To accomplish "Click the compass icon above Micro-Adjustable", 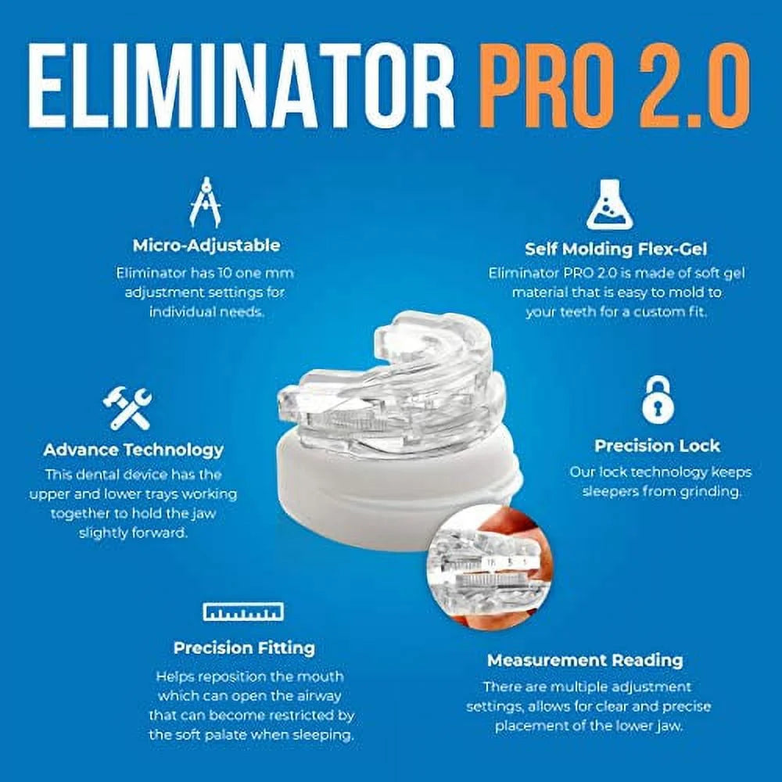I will (205, 203).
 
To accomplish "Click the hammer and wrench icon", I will (127, 407).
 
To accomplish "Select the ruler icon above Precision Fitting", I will (243, 612).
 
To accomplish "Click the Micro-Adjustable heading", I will (206, 245).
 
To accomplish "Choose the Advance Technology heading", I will (133, 450).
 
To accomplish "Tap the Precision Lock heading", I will (657, 446).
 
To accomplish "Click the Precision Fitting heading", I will (244, 647).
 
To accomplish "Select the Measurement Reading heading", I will (585, 660).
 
